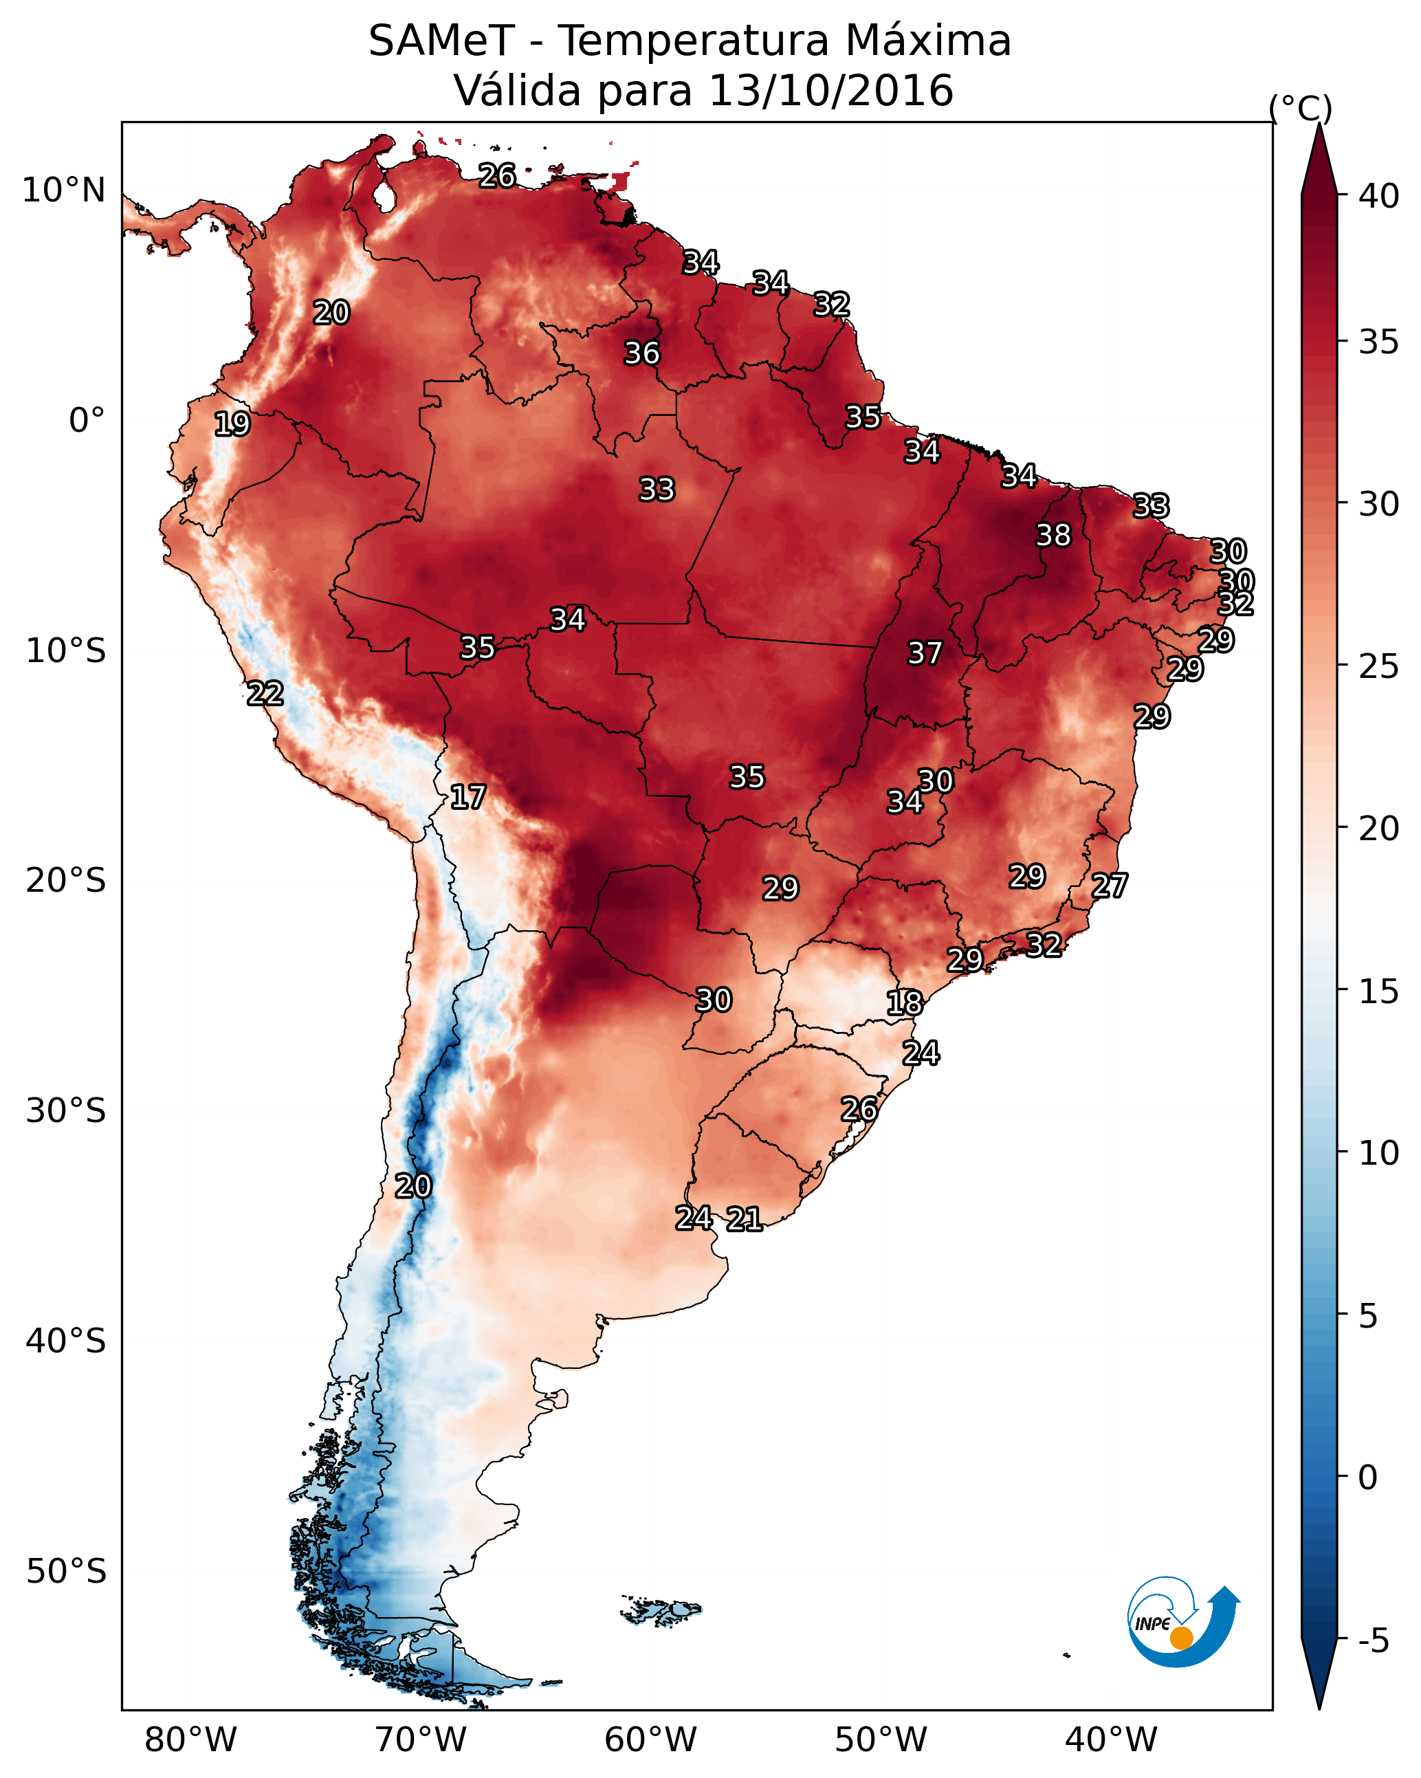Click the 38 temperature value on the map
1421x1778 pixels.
pos(1053,535)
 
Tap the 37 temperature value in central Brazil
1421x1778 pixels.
pos(925,653)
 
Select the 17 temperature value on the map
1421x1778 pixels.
pos(467,797)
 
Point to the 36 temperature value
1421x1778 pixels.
pos(641,353)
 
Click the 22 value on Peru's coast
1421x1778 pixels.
pos(265,694)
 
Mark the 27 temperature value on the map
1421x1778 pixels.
pos(1110,886)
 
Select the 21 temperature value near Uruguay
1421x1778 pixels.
pos(744,1219)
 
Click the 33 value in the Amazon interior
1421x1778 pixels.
pos(657,489)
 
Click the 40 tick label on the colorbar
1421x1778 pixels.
pos(1379,196)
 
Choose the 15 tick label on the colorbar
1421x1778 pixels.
pos(1379,991)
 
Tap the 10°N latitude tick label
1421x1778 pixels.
pos(63,190)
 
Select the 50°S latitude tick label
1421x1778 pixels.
pos(66,1572)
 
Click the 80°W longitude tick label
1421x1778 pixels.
pos(190,1740)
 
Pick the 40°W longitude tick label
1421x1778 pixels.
pos(1111,1740)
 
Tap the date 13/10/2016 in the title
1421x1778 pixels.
pos(830,91)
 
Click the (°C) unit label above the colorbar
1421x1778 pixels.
pos(1300,108)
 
